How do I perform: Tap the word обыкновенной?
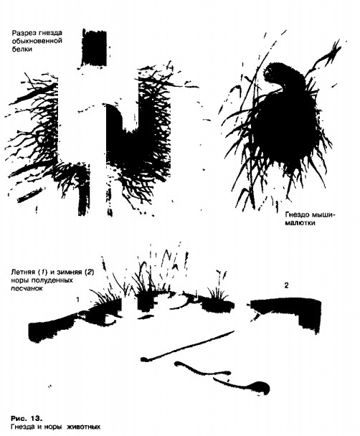(x=37, y=42)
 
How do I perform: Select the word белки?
(x=22, y=49)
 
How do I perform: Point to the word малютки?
(x=300, y=223)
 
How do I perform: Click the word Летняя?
(x=23, y=272)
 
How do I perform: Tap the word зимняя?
(x=68, y=272)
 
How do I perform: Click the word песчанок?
(x=27, y=288)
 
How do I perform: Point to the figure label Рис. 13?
(x=27, y=419)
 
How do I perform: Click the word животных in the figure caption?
(x=83, y=427)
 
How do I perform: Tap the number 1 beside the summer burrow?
(x=78, y=300)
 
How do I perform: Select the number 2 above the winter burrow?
(x=287, y=285)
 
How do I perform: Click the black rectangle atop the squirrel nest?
(x=95, y=48)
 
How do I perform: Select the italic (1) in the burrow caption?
(x=42, y=272)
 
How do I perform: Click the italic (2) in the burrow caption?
(x=89, y=272)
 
